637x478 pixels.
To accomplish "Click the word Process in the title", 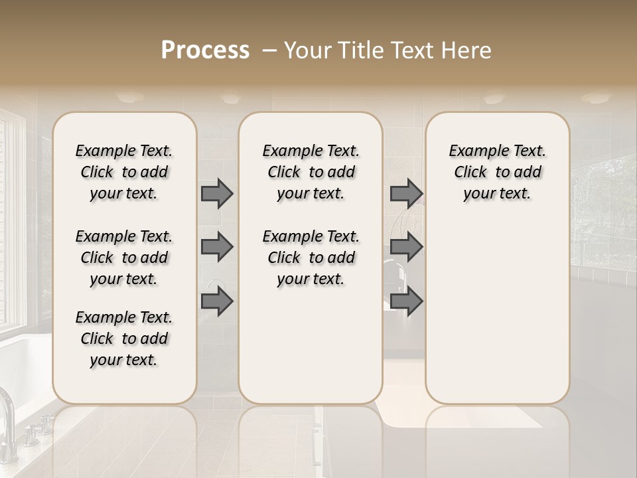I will click(206, 50).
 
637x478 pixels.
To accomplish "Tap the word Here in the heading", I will click(468, 50).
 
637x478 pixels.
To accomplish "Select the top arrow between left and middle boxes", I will click(217, 193).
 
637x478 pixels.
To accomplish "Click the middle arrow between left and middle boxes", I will click(217, 247).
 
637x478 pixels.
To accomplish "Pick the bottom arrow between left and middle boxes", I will click(217, 302).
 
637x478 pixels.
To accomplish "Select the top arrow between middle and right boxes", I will click(406, 193).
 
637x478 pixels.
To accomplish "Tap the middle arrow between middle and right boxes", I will click(406, 247).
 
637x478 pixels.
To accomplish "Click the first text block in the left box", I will click(124, 172).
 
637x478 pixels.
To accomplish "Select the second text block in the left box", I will click(124, 258).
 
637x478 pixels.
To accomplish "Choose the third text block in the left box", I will click(124, 339).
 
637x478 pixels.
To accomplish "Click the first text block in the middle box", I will click(311, 172).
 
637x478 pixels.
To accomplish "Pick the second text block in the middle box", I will click(311, 258).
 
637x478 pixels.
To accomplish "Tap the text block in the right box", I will click(497, 172).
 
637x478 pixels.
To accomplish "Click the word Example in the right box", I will click(474, 151).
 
